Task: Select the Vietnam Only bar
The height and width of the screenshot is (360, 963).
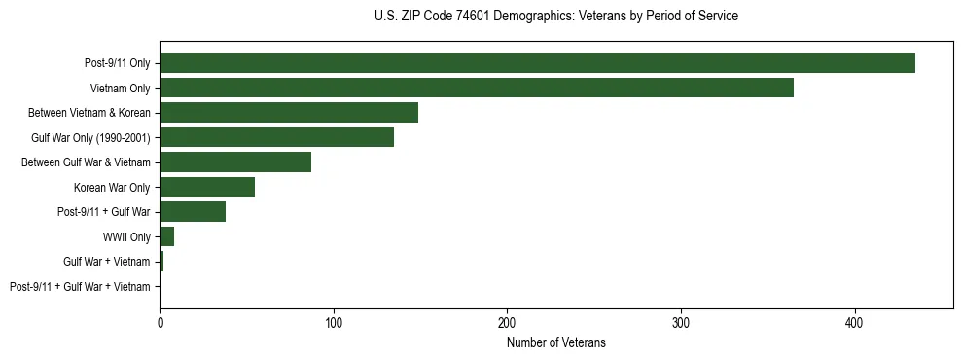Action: click(x=477, y=88)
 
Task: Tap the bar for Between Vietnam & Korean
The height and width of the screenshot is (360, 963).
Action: click(x=289, y=113)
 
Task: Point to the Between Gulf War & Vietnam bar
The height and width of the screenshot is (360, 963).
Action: click(x=235, y=162)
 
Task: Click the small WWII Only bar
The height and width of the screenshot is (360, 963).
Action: click(x=166, y=236)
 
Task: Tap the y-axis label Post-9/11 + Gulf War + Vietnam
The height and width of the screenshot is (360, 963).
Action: click(x=80, y=287)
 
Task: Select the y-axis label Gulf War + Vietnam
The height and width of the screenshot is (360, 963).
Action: click(x=107, y=262)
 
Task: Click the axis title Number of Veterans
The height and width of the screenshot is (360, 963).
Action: click(x=555, y=342)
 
